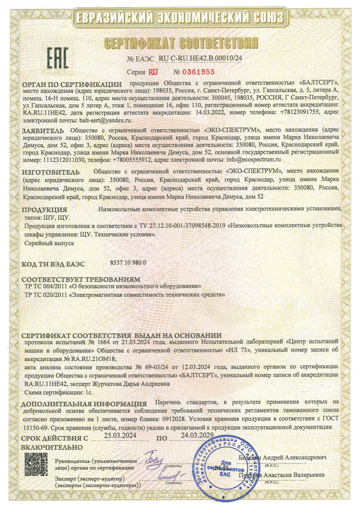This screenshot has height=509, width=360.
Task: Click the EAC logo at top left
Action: (x=57, y=57)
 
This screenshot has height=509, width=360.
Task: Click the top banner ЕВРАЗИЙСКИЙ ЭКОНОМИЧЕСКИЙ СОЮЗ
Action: (x=180, y=18)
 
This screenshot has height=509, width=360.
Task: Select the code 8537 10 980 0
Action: (x=128, y=262)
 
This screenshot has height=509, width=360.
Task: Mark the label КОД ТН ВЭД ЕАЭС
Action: (x=53, y=264)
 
